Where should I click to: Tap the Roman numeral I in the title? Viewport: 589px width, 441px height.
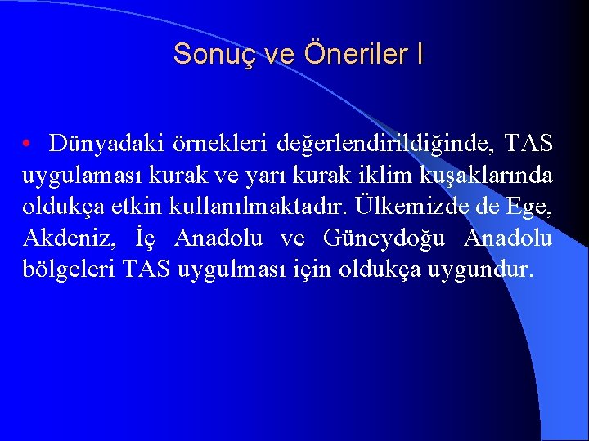[420, 54]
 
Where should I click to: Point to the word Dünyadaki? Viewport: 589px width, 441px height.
[102, 144]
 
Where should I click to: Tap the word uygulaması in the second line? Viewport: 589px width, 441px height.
[82, 176]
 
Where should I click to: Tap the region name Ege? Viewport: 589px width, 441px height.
[533, 207]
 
